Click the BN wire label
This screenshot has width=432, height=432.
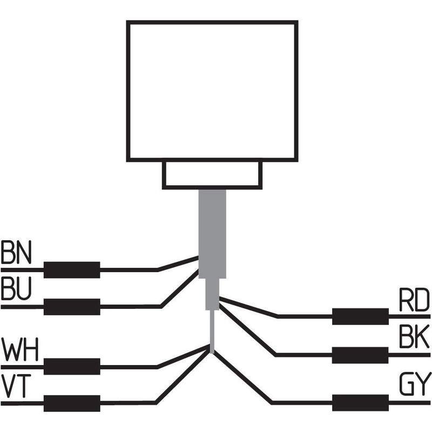pyautogui.click(x=16, y=253)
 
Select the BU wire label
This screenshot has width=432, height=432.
pyautogui.click(x=16, y=290)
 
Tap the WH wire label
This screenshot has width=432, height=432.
pyautogui.click(x=20, y=351)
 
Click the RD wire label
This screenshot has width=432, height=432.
pyautogui.click(x=414, y=301)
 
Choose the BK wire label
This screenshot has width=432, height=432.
pyautogui.click(x=414, y=338)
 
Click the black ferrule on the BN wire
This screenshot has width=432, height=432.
pyautogui.click(x=72, y=269)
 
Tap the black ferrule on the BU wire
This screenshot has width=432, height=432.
pyautogui.click(x=72, y=306)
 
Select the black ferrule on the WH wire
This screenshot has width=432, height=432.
pyautogui.click(x=72, y=366)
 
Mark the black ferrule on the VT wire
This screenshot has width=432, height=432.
pyautogui.click(x=72, y=403)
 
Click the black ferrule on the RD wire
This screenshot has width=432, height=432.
pyautogui.click(x=360, y=316)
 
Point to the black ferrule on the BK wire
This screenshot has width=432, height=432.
pyautogui.click(x=360, y=355)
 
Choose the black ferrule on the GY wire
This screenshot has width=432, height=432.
pyautogui.click(x=360, y=403)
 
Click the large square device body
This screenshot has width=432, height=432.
pyautogui.click(x=212, y=91)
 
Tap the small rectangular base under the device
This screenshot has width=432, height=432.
pyautogui.click(x=212, y=174)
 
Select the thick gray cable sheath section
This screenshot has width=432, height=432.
pyautogui.click(x=212, y=232)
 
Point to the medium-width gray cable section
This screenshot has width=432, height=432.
pyautogui.click(x=213, y=294)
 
